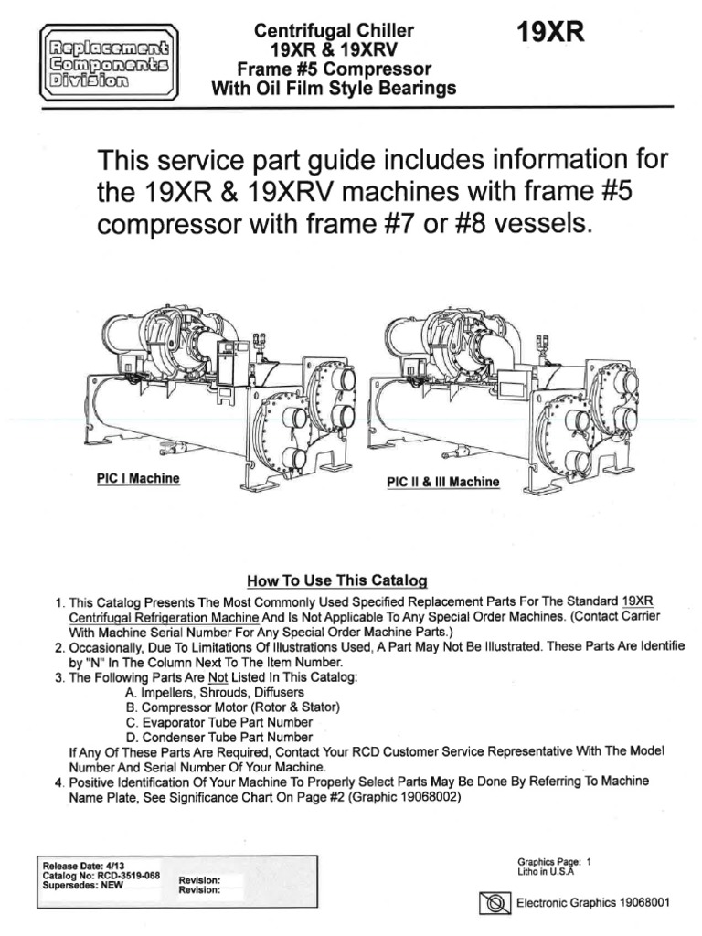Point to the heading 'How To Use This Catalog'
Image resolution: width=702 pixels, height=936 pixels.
coord(337,580)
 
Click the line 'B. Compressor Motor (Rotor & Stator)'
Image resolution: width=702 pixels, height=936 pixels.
coord(232,707)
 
